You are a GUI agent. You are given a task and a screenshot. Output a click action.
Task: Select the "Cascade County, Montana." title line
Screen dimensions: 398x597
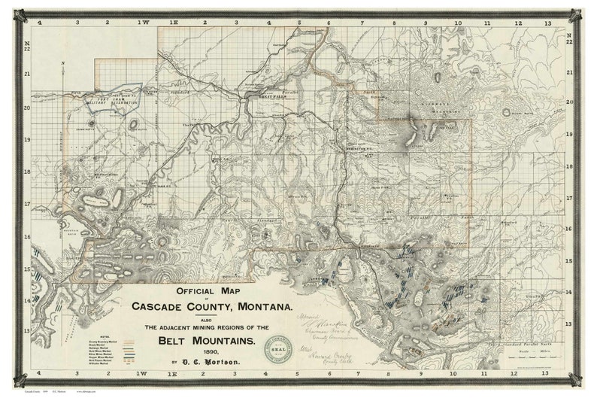[x=202, y=306]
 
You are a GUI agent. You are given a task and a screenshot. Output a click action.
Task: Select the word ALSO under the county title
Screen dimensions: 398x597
[x=202, y=317]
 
